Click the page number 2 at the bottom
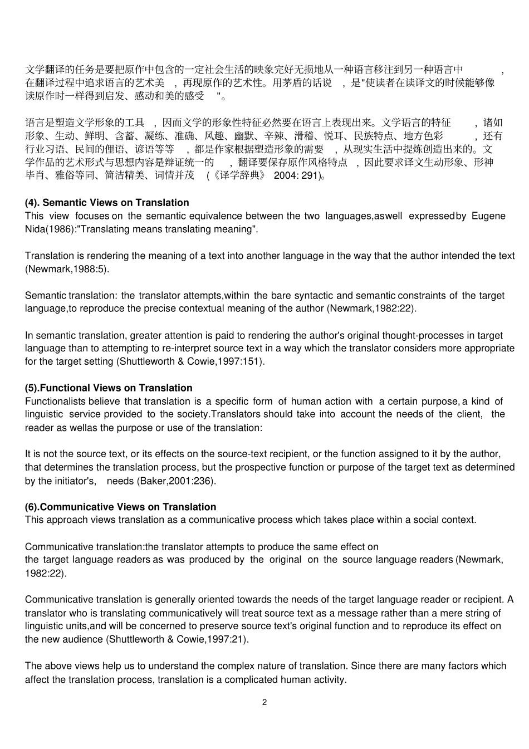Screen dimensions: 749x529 (x=264, y=702)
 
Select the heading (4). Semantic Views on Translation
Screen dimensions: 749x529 (x=107, y=203)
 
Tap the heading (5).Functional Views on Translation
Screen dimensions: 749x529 (x=109, y=388)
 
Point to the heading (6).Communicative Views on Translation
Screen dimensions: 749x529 (x=120, y=507)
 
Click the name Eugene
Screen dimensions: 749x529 (x=488, y=216)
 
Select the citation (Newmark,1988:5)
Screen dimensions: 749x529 (x=67, y=269)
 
